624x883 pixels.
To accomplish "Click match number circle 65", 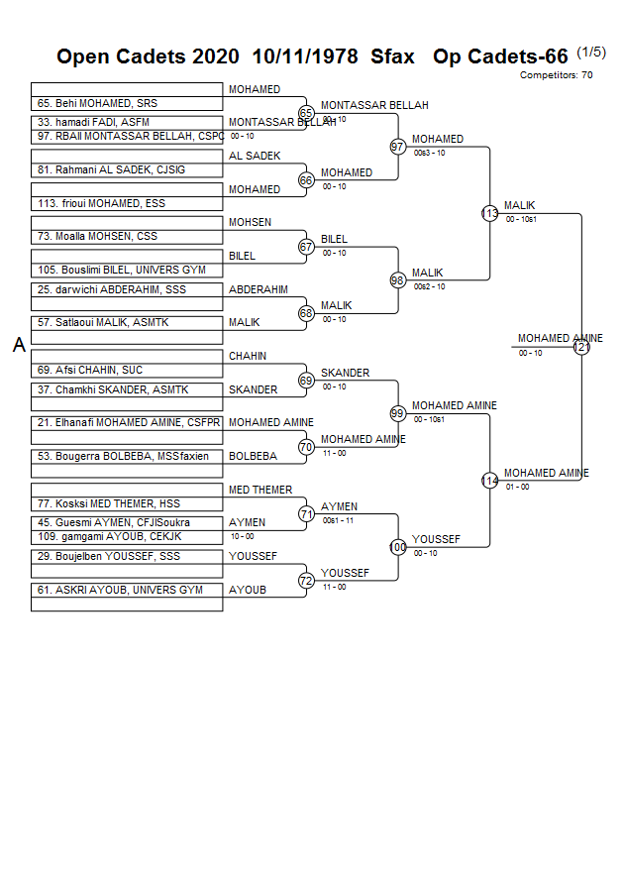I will [x=306, y=114].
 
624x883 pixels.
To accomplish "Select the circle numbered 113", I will [x=489, y=213].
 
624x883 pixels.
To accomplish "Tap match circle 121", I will [x=581, y=347].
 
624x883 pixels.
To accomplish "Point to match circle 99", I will [x=398, y=413].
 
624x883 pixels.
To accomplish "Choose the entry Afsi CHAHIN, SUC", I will [x=90, y=370].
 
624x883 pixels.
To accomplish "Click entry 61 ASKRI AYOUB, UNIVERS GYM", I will [x=120, y=590].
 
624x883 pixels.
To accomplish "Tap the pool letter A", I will [x=18, y=345].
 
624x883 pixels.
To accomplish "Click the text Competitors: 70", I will [x=556, y=74].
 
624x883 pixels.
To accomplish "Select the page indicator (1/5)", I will [x=590, y=53].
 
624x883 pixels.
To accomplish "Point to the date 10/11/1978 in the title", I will [x=305, y=56].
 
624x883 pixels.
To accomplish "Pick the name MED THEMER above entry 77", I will [x=260, y=490].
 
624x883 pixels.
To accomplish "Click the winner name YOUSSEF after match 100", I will [x=436, y=539].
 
